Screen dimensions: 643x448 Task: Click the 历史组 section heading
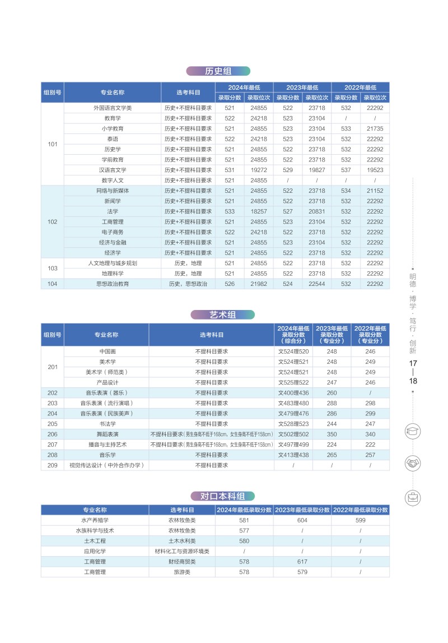tap(218, 71)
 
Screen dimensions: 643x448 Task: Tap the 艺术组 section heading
tap(222, 315)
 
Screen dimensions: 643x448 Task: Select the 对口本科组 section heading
tap(222, 496)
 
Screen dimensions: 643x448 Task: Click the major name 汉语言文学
tap(113, 170)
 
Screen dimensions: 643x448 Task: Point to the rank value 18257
tap(259, 211)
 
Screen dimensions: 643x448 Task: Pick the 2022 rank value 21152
tap(375, 191)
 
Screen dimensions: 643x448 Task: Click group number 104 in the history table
tap(52, 284)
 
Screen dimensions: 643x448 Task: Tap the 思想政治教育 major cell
tap(113, 284)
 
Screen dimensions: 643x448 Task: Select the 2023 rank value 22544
tap(316, 284)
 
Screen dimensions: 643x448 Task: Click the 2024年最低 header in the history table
tap(244, 87)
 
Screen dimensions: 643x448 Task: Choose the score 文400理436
tap(293, 393)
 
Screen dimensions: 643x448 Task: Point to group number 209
tap(52, 465)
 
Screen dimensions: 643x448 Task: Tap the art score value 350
tap(332, 434)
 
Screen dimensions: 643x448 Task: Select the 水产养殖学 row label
tap(95, 520)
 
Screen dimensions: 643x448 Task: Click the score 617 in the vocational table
tap(302, 562)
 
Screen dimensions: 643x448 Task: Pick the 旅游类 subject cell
tap(182, 572)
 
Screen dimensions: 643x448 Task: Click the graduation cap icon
tap(413, 432)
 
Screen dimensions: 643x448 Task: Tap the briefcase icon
tap(413, 497)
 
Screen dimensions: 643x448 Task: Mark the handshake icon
tap(413, 464)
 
